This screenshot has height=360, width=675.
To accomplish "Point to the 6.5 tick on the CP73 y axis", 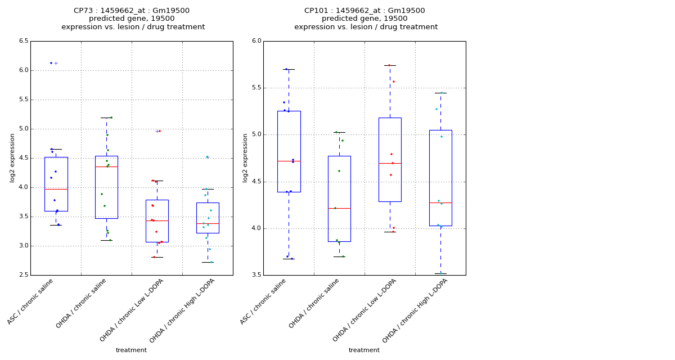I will pos(24,41).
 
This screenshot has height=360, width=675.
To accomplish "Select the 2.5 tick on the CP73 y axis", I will pos(24,275).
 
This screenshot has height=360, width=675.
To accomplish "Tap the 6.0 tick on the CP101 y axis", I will pos(256,41).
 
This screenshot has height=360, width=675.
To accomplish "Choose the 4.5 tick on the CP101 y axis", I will pos(256,182).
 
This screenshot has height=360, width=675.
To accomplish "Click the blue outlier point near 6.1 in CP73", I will pos(51,63).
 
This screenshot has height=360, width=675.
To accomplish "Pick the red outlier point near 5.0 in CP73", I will pos(160,131).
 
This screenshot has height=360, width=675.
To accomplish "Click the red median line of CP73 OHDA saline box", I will pos(106,166).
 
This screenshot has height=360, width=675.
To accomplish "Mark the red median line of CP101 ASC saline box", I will pos(289,161).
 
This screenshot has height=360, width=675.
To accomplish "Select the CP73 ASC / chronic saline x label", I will pos(30,301).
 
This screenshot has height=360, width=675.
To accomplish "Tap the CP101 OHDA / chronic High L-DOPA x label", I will pos(415,310).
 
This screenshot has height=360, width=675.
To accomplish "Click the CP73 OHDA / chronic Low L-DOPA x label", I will pos(132,310).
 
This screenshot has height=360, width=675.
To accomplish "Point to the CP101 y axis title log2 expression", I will pos(245,157).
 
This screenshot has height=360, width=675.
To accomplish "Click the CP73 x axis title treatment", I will pos(131,350).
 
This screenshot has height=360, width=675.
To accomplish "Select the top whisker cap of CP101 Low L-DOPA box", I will pos(390,65).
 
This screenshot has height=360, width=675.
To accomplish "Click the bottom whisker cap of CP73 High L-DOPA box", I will pos(208,262).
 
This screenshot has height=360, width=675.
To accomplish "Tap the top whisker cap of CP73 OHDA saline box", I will pos(106,118).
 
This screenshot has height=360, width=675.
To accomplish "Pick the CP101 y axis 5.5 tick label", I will pos(256,88).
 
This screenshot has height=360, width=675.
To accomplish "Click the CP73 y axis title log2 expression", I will pos(12,157).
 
